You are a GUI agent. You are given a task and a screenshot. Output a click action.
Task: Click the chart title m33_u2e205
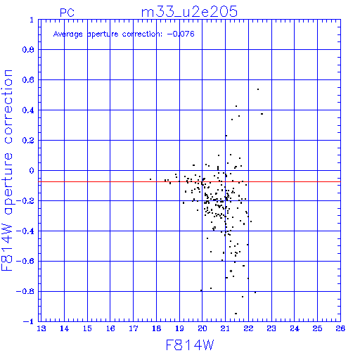[x=189, y=12]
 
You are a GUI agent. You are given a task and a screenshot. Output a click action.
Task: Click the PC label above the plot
[x=67, y=13]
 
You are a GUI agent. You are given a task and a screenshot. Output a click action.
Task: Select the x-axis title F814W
[x=190, y=345]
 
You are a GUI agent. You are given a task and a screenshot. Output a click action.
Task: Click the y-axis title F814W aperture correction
[x=8, y=170]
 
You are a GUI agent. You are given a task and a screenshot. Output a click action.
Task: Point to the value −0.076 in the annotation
[x=181, y=34]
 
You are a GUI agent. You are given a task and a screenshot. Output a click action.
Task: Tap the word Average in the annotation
[x=68, y=34]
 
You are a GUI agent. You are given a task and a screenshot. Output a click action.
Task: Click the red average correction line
[x=191, y=181]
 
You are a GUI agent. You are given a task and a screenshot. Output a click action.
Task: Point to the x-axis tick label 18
[x=156, y=328]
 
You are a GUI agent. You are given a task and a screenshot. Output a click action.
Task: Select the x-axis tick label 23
[x=271, y=328]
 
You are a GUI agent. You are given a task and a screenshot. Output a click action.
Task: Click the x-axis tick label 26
[x=340, y=328]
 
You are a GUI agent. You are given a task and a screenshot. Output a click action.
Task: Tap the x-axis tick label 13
[x=41, y=328]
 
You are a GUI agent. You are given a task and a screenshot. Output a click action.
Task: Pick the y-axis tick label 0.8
[x=28, y=50]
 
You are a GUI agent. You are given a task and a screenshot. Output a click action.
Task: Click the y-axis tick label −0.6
[x=25, y=261]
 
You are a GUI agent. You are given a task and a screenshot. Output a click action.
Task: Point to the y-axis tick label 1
[x=32, y=20]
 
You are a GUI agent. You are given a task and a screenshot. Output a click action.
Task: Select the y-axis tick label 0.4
[x=28, y=110]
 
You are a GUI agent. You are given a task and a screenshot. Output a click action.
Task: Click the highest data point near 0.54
[x=258, y=89]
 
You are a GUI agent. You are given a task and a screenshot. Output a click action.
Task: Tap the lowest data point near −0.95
[x=236, y=314]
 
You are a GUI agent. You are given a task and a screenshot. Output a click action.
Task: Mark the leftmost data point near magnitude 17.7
[x=150, y=179]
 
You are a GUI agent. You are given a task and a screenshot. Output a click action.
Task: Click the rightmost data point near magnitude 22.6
[x=262, y=114]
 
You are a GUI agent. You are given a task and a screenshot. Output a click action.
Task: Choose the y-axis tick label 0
[x=32, y=171]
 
